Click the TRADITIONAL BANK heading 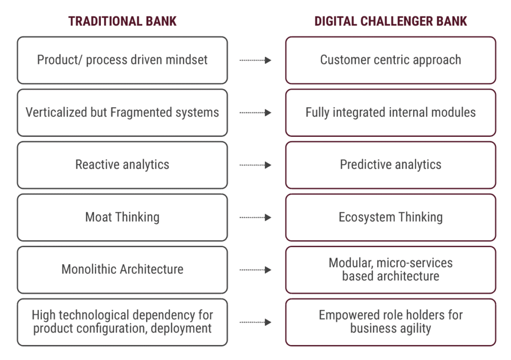tap(122, 21)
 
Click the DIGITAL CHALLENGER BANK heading tap(390, 21)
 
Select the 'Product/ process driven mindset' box tap(122, 60)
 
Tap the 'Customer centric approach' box tap(390, 60)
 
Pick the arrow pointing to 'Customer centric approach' tap(255, 60)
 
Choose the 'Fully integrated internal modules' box tap(390, 113)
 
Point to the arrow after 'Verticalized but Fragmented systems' tap(255, 113)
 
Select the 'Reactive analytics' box tap(122, 165)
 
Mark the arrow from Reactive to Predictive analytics tap(255, 165)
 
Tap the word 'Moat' tap(98, 217)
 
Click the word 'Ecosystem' tap(367, 217)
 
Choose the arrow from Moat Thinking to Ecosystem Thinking tap(255, 218)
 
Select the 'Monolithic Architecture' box tap(122, 270)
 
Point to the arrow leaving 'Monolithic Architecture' tap(255, 270)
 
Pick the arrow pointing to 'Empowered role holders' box tap(255, 322)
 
